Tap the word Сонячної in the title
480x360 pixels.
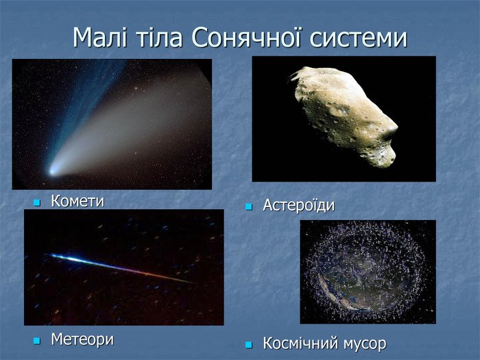click(x=245, y=38)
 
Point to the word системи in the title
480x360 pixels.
click(x=357, y=38)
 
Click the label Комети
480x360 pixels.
click(x=77, y=201)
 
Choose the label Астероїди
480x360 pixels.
click(x=299, y=205)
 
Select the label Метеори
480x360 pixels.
click(x=82, y=339)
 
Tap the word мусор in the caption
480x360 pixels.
click(x=364, y=343)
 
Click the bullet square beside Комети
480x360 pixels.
click(x=37, y=202)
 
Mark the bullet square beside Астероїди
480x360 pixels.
click(x=250, y=206)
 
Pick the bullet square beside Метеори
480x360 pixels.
click(x=37, y=340)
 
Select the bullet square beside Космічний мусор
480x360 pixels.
click(x=250, y=344)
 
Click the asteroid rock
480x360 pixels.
click(x=343, y=113)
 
